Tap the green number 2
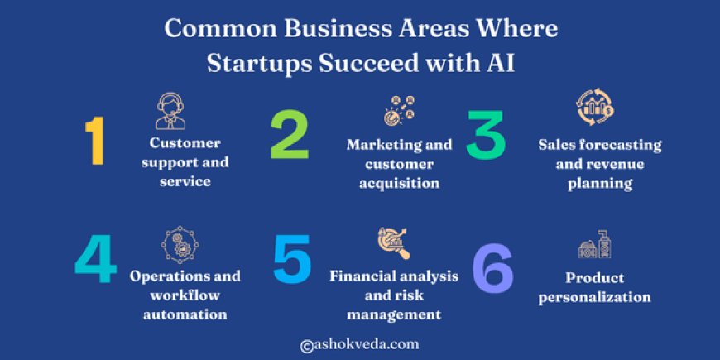click(x=290, y=137)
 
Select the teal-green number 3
click(x=486, y=137)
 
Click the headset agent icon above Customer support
click(x=170, y=111)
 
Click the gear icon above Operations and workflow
click(x=180, y=246)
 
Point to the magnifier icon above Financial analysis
click(x=394, y=243)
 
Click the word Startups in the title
click(x=250, y=64)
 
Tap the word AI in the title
click(x=502, y=64)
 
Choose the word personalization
click(x=595, y=297)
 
